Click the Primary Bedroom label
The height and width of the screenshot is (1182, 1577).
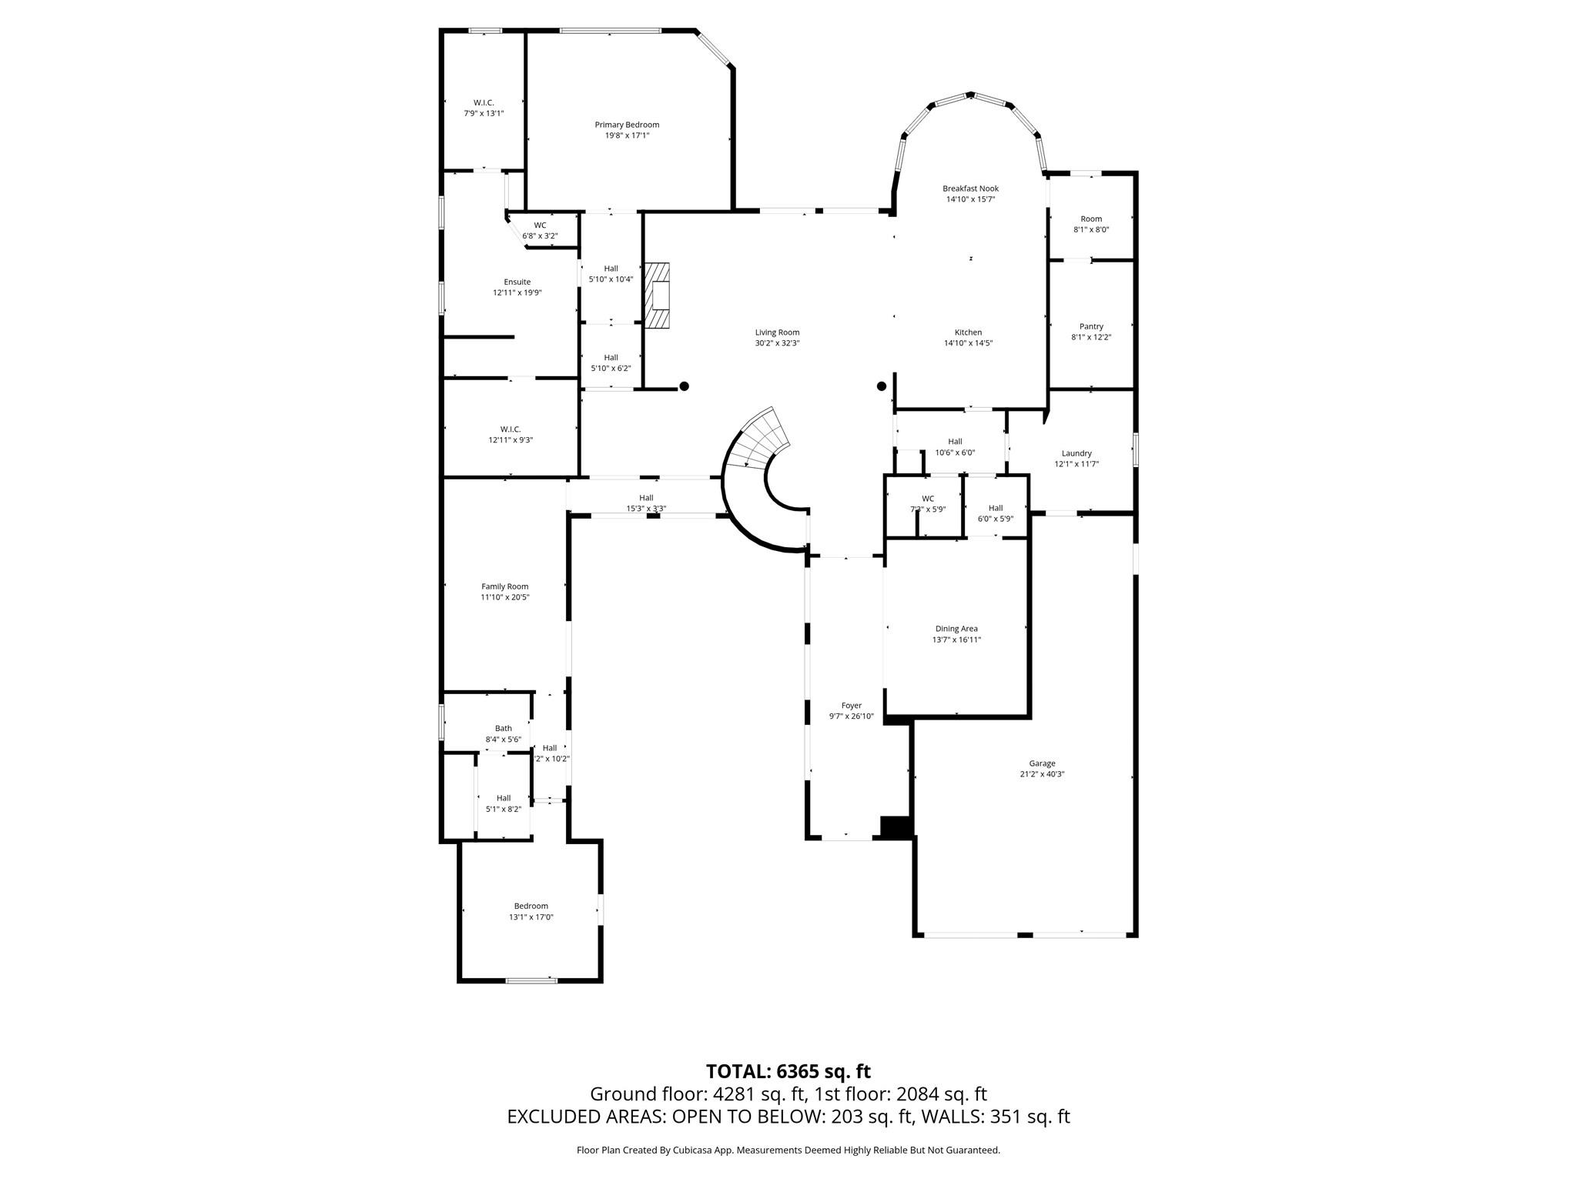[x=627, y=125]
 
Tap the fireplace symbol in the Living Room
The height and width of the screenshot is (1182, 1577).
[x=658, y=296]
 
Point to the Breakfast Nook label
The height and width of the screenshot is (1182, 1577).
[x=970, y=189]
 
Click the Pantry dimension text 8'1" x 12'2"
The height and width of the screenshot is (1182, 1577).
[x=1091, y=337]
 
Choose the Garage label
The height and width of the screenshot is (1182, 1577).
[x=1042, y=763]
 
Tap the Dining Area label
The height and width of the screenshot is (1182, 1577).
[x=956, y=629]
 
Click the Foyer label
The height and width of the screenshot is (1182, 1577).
[x=851, y=706]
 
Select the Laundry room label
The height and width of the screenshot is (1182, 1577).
[x=1076, y=453]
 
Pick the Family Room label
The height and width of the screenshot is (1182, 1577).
[x=505, y=586]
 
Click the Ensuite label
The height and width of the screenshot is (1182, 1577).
[x=517, y=282]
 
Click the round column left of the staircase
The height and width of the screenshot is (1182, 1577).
[x=684, y=386]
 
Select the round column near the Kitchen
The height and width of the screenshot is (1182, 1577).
[x=882, y=386]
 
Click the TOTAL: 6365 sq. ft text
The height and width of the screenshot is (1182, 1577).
[x=788, y=1071]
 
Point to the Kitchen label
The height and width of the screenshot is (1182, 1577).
[x=968, y=332]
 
